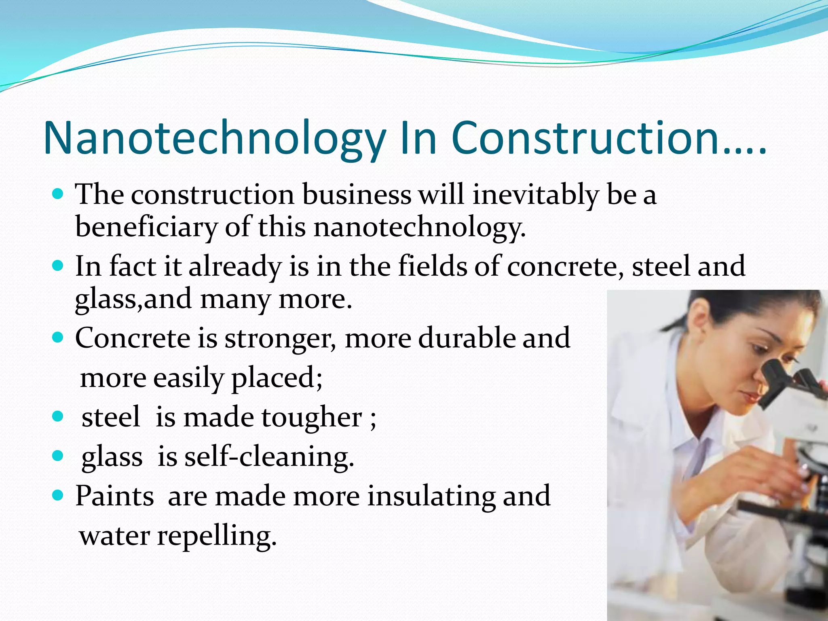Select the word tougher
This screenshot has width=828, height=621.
click(311, 418)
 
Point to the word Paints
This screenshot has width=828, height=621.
click(114, 496)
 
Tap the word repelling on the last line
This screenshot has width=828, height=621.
click(216, 537)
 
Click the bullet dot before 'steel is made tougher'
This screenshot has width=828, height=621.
click(58, 416)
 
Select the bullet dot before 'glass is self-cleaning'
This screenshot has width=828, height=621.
click(58, 456)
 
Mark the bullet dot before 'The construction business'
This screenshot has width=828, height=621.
click(58, 194)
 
